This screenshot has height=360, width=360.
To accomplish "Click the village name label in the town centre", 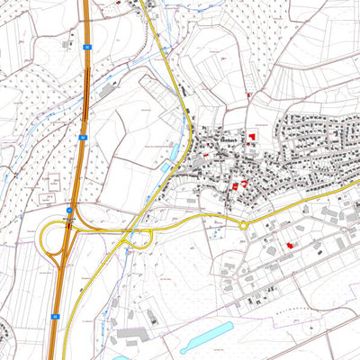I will tap(228, 140).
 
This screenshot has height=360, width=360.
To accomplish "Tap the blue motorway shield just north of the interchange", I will tap(68, 207).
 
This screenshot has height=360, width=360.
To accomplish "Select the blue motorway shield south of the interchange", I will tap(55, 316).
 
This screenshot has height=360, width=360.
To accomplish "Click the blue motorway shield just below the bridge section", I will tap(82, 136).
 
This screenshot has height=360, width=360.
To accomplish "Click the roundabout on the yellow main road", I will tap(243, 225).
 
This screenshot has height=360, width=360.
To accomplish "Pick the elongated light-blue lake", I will tap(207, 336).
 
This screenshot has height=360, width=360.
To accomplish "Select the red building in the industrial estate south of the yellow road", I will tap(289, 244).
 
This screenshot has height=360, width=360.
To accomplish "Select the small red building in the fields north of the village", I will tap(248, 94).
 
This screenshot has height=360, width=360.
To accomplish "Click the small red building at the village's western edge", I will tap(206, 154).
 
